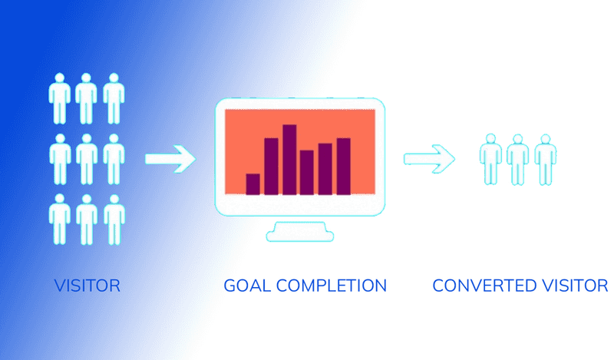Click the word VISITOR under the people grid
87,286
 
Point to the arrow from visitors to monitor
170,159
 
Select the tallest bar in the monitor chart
289,159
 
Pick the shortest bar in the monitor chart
253,184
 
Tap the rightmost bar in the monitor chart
343,166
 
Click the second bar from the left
271,166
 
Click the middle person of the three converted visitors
518,160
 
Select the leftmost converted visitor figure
491,160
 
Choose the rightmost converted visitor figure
546,160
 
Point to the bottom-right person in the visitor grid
114,220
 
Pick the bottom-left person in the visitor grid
59,220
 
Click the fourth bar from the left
307,172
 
